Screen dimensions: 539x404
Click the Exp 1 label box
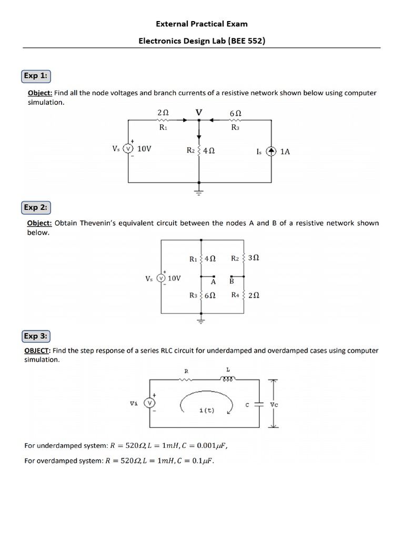(36, 76)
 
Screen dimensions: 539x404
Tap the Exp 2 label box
(36, 207)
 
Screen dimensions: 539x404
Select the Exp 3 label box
(36, 336)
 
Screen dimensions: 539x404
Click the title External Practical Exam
(202, 24)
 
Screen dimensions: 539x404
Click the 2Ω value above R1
(163, 113)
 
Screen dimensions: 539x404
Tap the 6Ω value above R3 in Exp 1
(235, 113)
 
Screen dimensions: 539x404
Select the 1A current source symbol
(271, 151)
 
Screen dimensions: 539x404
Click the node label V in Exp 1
(198, 112)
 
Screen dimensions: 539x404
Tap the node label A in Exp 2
(213, 282)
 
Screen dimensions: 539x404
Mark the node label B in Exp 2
(231, 282)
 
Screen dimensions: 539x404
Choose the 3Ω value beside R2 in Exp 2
(253, 258)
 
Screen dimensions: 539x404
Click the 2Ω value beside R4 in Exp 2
(253, 296)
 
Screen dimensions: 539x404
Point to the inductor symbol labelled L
(227, 378)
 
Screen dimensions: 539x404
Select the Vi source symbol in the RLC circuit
(149, 403)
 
